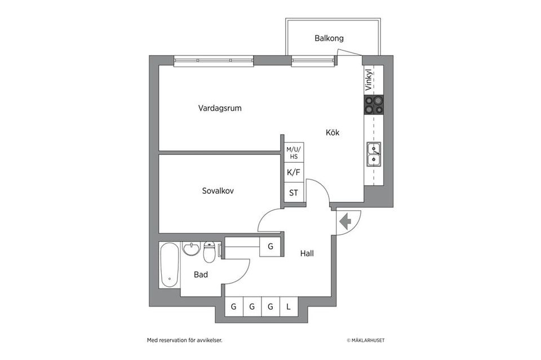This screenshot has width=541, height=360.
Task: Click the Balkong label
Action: click(x=329, y=38)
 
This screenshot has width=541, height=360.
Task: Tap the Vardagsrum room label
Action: click(x=220, y=108)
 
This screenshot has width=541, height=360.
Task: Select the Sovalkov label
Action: click(x=218, y=191)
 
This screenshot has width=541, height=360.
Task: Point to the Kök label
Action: click(x=333, y=133)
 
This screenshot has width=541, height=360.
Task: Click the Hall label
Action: click(x=307, y=254)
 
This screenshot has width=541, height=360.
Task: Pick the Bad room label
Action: click(x=201, y=275)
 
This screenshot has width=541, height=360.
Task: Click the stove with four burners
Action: click(x=374, y=105)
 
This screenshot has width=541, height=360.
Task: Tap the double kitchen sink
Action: click(x=374, y=155)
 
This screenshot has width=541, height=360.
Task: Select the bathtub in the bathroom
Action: click(x=168, y=265)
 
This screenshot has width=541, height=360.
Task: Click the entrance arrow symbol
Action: click(x=345, y=221)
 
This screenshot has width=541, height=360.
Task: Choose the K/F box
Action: click(x=294, y=172)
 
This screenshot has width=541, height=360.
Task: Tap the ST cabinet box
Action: click(x=294, y=193)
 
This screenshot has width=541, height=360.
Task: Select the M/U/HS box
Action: click(x=294, y=152)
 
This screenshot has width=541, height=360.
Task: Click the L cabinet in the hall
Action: click(x=289, y=307)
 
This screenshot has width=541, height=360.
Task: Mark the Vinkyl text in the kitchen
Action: click(x=369, y=81)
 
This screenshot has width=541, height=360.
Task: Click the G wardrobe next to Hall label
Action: click(x=270, y=246)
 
